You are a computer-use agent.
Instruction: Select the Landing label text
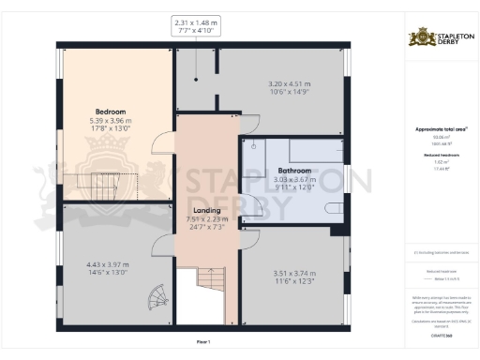click(206, 210)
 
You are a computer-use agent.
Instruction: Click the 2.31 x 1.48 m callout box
click(195, 25)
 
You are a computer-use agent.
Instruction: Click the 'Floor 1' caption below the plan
click(203, 342)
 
